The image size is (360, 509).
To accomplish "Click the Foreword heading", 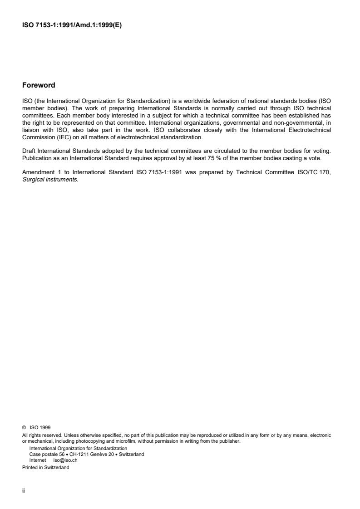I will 39,85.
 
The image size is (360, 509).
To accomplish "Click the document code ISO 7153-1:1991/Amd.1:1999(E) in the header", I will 72,25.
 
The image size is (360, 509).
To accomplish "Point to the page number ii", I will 24,490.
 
